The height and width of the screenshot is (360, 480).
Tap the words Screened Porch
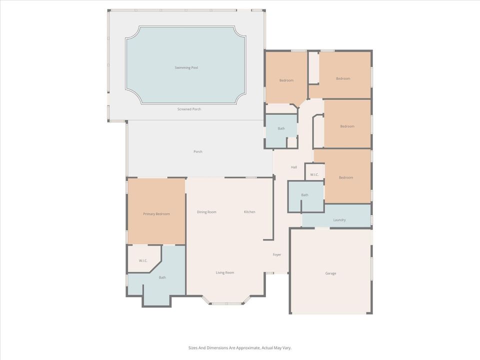pyautogui.click(x=189, y=109)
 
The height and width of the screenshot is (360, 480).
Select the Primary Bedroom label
pyautogui.click(x=156, y=214)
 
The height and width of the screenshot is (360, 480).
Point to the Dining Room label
pyautogui.click(x=206, y=212)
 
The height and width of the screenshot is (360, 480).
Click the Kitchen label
pyautogui.click(x=249, y=212)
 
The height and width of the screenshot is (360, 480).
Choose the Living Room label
pyautogui.click(x=225, y=272)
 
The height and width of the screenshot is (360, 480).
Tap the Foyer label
pyautogui.click(x=276, y=254)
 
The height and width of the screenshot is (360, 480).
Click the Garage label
pyautogui.click(x=330, y=273)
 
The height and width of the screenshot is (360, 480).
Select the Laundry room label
pyautogui.click(x=339, y=220)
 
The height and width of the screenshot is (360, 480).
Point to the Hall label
pyautogui.click(x=294, y=167)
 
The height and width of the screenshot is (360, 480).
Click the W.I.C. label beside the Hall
pyautogui.click(x=314, y=174)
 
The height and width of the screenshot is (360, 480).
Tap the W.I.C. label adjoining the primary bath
pyautogui.click(x=142, y=260)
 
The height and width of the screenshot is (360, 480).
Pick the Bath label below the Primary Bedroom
pyautogui.click(x=162, y=277)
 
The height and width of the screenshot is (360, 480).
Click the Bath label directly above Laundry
pyautogui.click(x=304, y=195)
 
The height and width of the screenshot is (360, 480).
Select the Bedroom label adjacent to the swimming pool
pyautogui.click(x=286, y=80)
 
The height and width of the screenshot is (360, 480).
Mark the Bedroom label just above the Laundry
pyautogui.click(x=346, y=177)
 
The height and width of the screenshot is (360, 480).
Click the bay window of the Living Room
pyautogui.click(x=226, y=302)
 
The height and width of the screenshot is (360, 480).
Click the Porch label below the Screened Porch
pyautogui.click(x=198, y=151)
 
